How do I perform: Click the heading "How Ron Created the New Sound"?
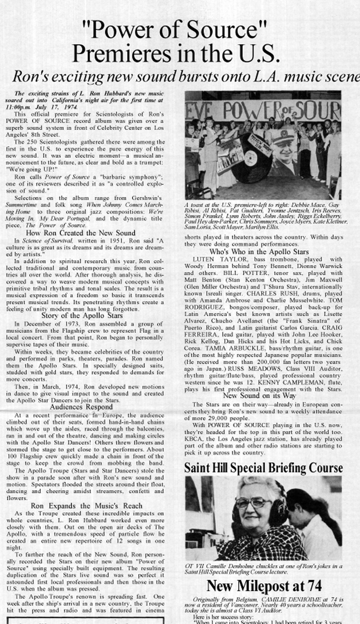click(x=81, y=233)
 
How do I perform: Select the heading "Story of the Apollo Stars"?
click(x=82, y=315)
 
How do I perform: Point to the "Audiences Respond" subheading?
click(x=81, y=407)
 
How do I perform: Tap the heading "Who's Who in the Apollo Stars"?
click(x=259, y=252)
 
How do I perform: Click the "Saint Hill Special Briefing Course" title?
click(x=263, y=468)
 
